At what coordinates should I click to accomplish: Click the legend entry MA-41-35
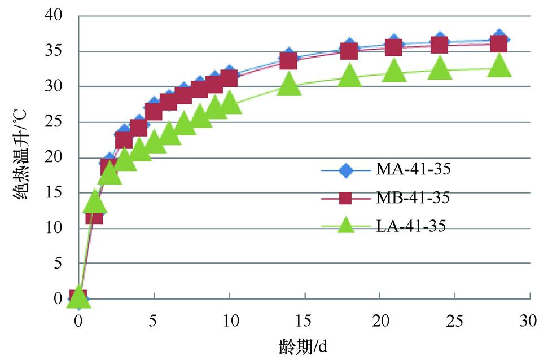[x=409, y=169]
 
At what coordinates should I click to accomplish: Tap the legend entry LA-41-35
[x=409, y=226]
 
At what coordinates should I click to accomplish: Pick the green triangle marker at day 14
[x=289, y=84]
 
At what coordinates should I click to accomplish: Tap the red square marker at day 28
[x=499, y=43]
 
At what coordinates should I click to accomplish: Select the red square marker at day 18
[x=349, y=50]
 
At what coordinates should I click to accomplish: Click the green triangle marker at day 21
[x=394, y=72]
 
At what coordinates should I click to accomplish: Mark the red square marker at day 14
[x=289, y=60]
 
